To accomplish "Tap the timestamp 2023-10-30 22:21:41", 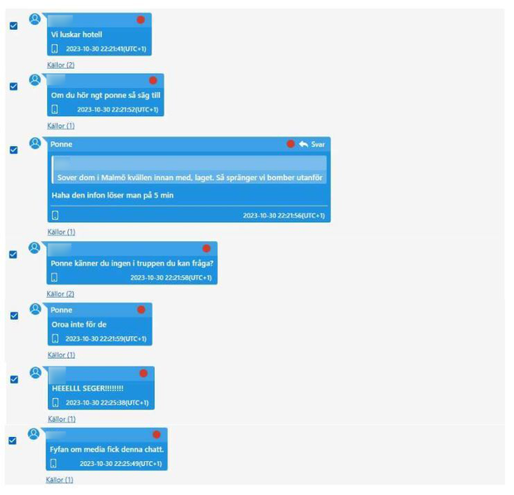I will pyautogui.click(x=106, y=49).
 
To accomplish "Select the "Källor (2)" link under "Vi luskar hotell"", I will pyautogui.click(x=61, y=65).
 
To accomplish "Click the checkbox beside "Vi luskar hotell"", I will pyautogui.click(x=13, y=26).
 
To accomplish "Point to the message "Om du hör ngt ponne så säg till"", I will pyautogui.click(x=105, y=95).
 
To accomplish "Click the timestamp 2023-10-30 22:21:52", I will pyautogui.click(x=117, y=109).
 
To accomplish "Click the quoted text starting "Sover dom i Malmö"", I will pyautogui.click(x=190, y=177).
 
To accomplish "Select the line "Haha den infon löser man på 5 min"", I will pyautogui.click(x=112, y=195).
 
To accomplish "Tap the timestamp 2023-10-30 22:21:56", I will pyautogui.click(x=283, y=216).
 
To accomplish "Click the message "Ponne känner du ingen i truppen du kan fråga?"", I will pyautogui.click(x=132, y=263).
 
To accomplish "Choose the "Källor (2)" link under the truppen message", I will pyautogui.click(x=61, y=294).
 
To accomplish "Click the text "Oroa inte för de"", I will pyautogui.click(x=79, y=324).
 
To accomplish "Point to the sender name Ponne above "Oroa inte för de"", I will pyautogui.click(x=61, y=310).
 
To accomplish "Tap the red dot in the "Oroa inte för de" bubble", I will pyautogui.click(x=141, y=310).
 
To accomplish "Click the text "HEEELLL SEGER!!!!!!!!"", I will pyautogui.click(x=87, y=388).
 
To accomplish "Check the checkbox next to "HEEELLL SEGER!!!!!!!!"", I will pyautogui.click(x=13, y=379).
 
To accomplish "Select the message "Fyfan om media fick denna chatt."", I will pyautogui.click(x=108, y=449).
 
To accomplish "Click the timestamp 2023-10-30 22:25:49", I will pyautogui.click(x=117, y=463).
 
